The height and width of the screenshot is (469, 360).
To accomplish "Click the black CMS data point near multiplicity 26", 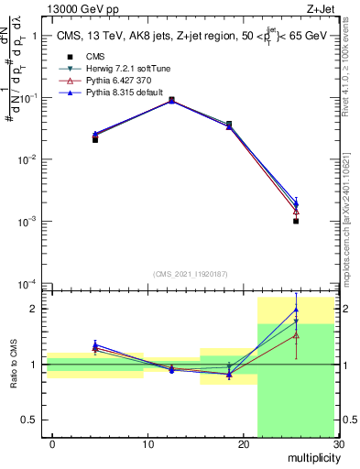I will [296, 221].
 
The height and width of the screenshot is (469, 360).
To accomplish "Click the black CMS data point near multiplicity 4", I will [95, 139].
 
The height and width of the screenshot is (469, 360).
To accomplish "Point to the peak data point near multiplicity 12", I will [171, 100].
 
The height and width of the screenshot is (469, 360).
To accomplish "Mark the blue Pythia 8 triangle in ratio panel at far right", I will [296, 310].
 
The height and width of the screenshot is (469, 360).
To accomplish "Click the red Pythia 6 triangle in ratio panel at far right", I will [296, 335].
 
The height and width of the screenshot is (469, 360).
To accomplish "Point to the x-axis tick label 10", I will [147, 444].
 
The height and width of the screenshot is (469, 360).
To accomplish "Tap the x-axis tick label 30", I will [338, 444].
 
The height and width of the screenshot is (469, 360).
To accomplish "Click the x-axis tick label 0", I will [52, 444].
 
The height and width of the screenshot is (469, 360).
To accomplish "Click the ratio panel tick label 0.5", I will [34, 420].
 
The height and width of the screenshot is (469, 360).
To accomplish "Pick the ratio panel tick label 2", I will [38, 309].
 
